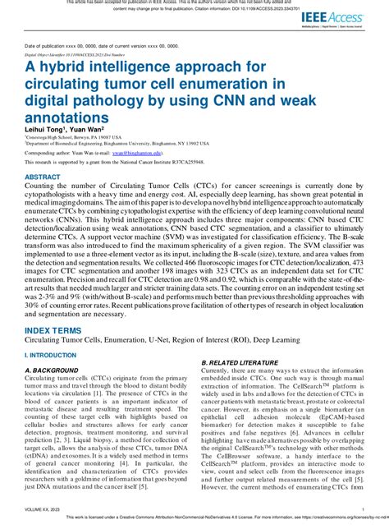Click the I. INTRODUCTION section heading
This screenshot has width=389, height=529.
[51, 333]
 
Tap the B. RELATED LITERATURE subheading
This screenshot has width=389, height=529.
[240, 339]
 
